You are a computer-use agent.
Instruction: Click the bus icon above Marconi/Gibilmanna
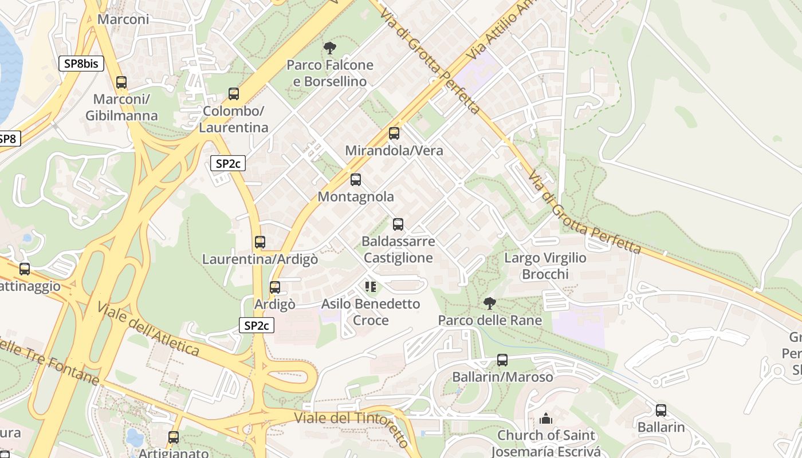pos(121,82)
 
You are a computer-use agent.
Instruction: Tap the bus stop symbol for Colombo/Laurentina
pos(233,94)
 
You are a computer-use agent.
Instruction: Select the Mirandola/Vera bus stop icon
pos(394,133)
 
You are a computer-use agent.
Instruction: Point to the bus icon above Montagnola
pos(356,180)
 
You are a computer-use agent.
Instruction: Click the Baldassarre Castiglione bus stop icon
pos(398,224)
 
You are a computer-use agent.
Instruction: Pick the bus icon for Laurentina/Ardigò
pos(260,242)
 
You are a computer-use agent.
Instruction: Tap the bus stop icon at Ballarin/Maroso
pos(502,360)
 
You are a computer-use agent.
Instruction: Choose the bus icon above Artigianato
pos(174,437)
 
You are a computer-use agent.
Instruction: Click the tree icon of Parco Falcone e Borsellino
pos(329,48)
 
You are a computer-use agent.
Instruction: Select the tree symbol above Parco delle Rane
pos(489,303)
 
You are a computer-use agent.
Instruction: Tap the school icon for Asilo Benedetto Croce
pos(371,286)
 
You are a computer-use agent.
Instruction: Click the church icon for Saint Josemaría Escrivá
pos(546,418)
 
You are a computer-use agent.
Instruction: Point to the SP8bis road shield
pos(81,64)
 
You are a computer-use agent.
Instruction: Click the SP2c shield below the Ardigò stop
pos(257,326)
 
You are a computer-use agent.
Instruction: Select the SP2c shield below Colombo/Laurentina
pos(228,164)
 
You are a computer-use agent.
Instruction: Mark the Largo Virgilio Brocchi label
pos(545,266)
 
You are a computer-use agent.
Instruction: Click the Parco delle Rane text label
pos(490,320)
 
